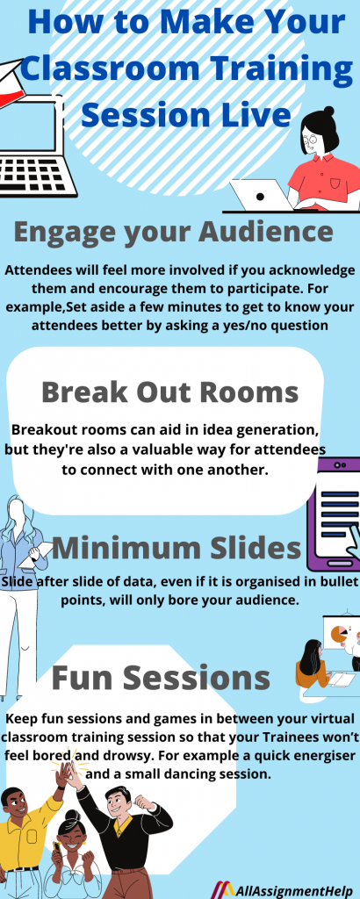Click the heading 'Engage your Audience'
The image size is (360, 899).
174,232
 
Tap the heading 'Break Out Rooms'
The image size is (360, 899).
169,392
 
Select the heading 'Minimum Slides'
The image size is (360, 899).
176,550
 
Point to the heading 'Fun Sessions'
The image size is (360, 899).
160,677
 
